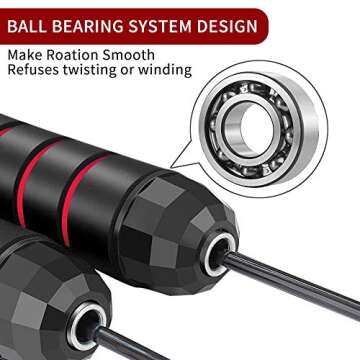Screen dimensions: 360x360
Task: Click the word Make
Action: pyautogui.click(x=25, y=53)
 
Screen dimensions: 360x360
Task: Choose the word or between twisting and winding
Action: pyautogui.click(x=133, y=71)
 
